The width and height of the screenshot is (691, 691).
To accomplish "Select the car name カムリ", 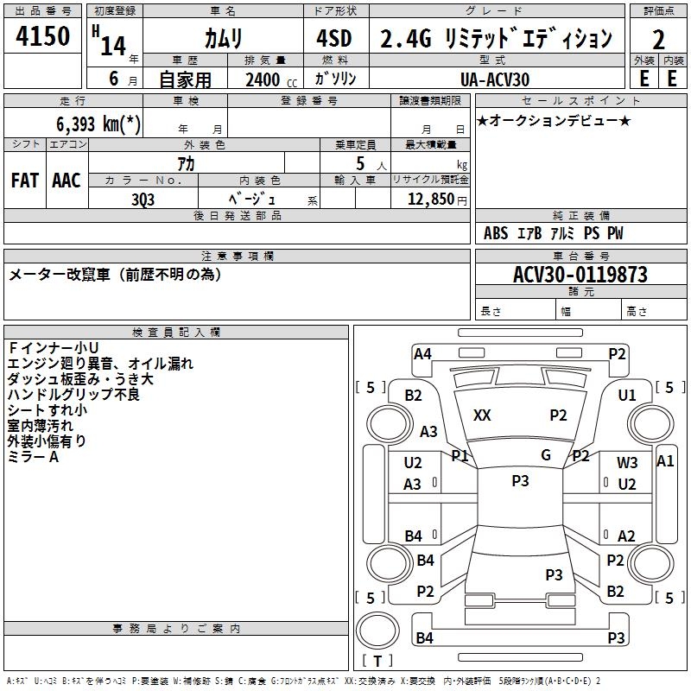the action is [x=223, y=39].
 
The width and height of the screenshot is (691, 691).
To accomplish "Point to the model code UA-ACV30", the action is [x=497, y=79].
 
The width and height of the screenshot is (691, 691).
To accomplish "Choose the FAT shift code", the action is [x=25, y=181].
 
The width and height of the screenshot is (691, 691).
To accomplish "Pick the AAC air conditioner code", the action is [x=67, y=181].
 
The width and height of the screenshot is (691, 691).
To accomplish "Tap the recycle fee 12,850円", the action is [x=430, y=198].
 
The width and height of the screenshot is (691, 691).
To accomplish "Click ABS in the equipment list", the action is [x=496, y=233].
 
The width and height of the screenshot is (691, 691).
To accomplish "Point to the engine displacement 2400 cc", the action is [x=263, y=79].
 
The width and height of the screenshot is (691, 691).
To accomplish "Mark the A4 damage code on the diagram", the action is [x=422, y=353].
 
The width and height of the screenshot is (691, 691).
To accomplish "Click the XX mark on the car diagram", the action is [x=482, y=415].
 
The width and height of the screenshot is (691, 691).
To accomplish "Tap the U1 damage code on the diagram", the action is [x=627, y=396].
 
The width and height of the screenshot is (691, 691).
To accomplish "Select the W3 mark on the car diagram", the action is [x=627, y=463].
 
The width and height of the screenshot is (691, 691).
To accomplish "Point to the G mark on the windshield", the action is [x=546, y=455].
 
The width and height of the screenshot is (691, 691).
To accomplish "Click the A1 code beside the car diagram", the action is [x=665, y=461].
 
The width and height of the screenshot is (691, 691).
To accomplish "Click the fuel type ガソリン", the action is [x=335, y=79].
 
